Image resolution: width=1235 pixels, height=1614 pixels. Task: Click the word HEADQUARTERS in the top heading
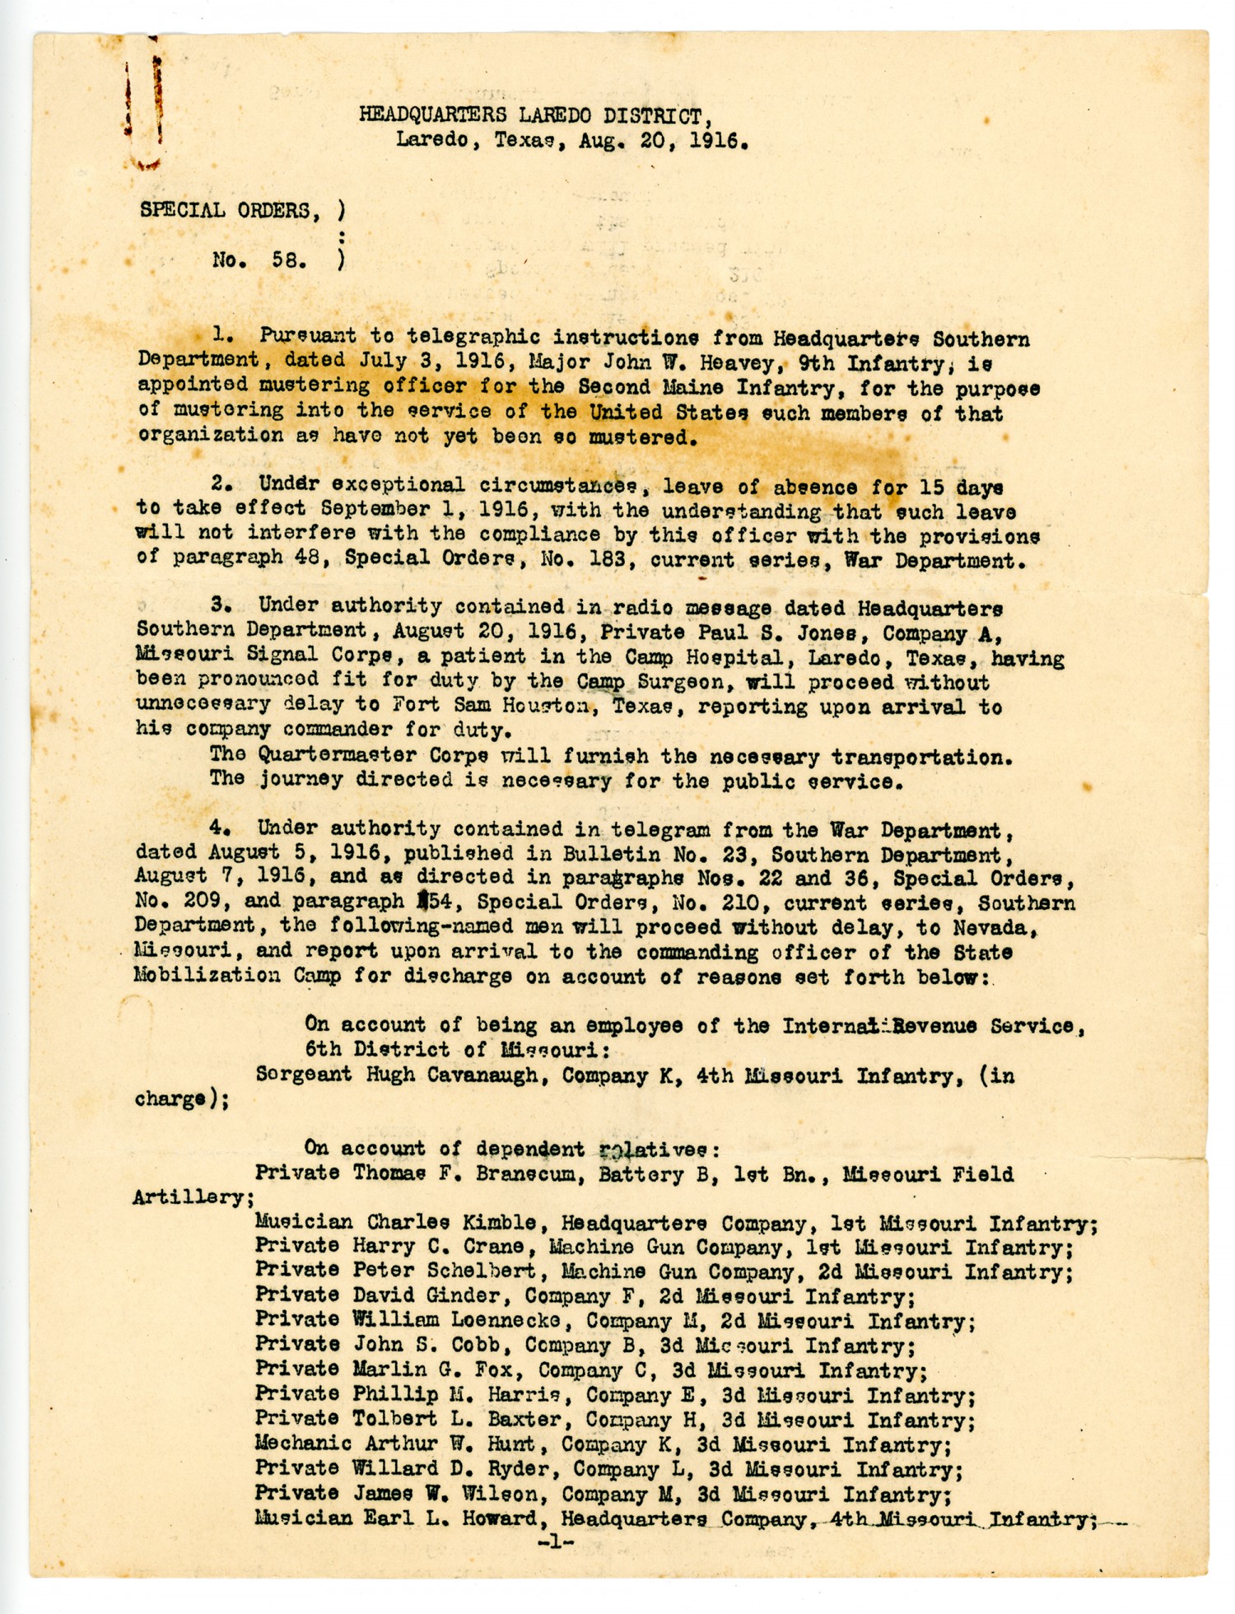(x=431, y=115)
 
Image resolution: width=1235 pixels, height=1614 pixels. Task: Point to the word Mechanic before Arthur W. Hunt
(x=303, y=1444)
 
